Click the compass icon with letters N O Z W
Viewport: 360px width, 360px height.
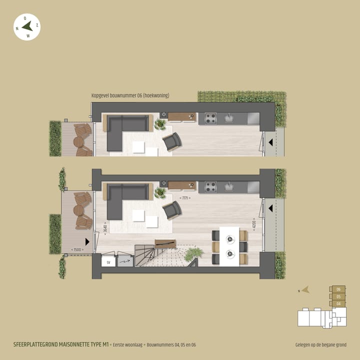[27, 27]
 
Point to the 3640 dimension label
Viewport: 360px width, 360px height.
[104, 229]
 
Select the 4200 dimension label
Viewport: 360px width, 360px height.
[254, 224]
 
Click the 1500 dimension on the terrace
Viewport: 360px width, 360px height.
[77, 249]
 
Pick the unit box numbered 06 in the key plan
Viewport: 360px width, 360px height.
[338, 289]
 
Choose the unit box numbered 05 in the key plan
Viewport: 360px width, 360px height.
[338, 296]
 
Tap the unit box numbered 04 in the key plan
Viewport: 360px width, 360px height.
[338, 303]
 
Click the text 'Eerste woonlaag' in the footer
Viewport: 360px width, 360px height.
[128, 344]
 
